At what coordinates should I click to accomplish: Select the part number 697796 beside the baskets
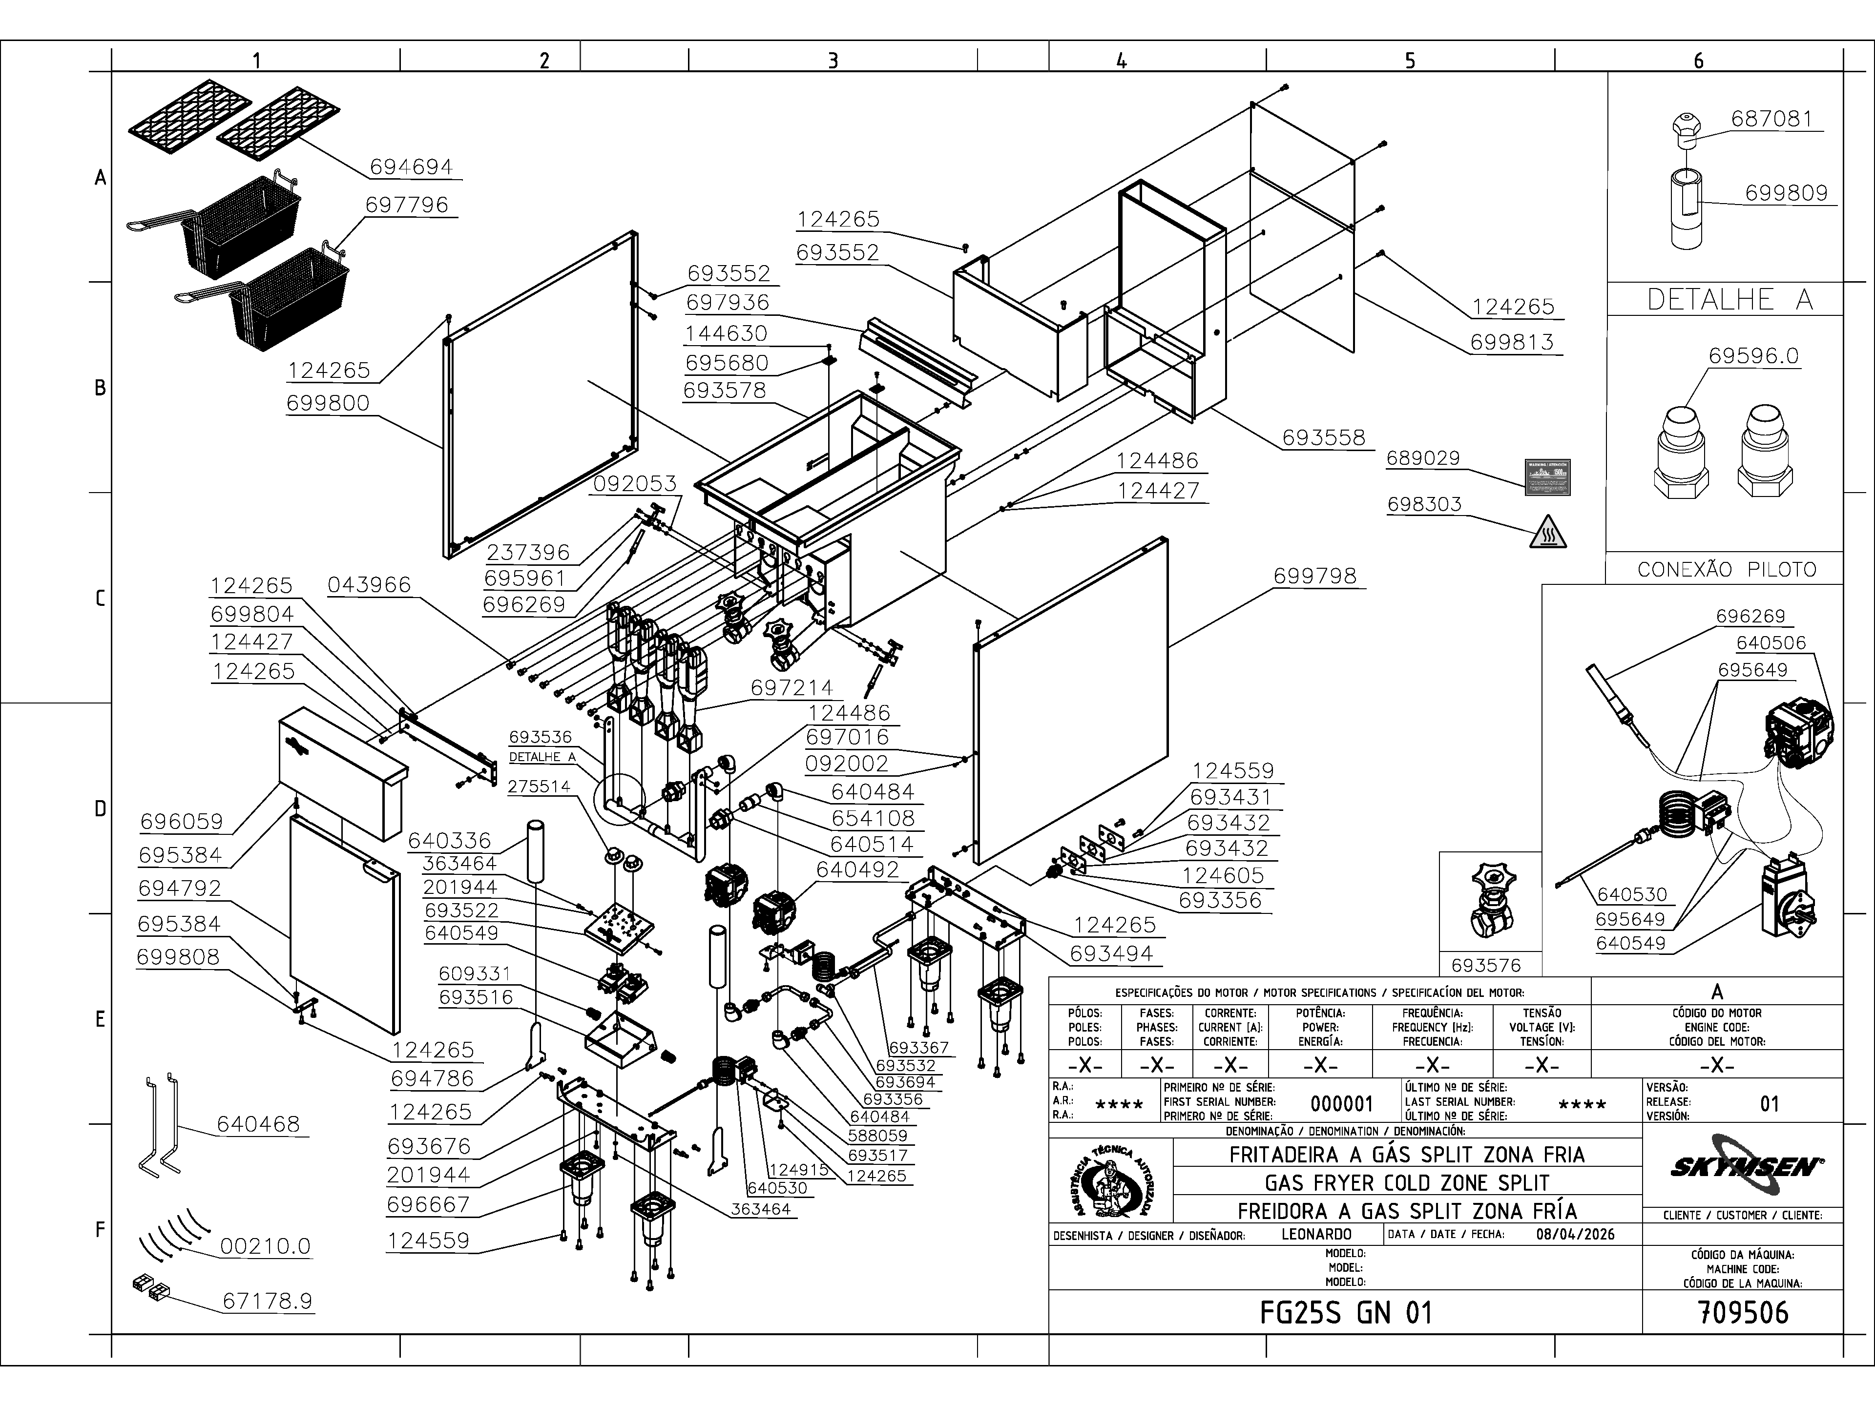pyautogui.click(x=407, y=205)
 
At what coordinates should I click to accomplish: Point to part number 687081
pyautogui.click(x=1771, y=119)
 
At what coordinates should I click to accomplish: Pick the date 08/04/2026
pyautogui.click(x=1575, y=1234)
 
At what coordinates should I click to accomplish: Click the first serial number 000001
pyautogui.click(x=1341, y=1103)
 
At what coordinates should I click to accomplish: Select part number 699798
pyautogui.click(x=1315, y=576)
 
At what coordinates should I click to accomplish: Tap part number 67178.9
pyautogui.click(x=267, y=1301)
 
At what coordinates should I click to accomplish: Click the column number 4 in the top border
pyautogui.click(x=1122, y=60)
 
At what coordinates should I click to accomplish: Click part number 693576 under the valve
pyautogui.click(x=1486, y=965)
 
